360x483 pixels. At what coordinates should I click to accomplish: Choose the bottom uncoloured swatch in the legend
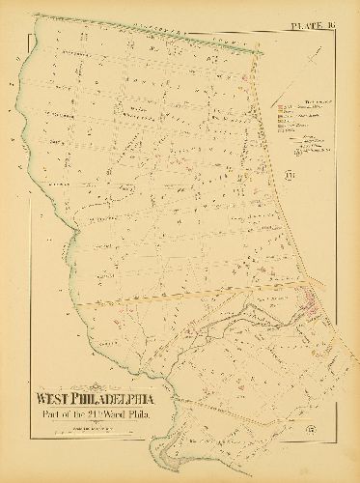click(x=279, y=130)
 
